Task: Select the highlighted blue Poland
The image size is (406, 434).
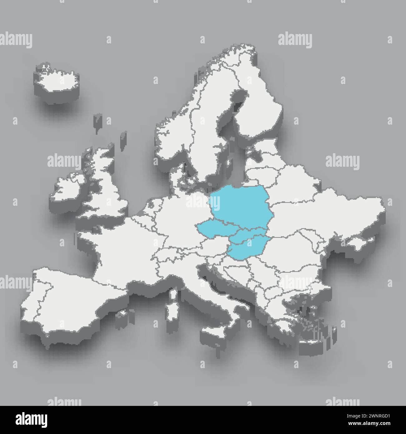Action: point(239,203)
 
